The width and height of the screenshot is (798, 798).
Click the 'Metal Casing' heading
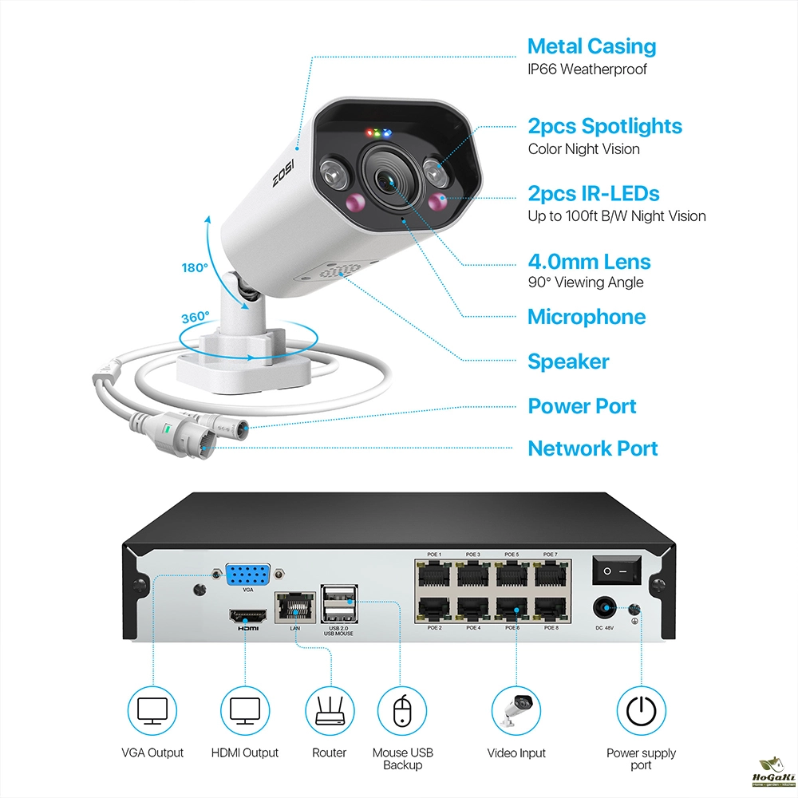pos(591,46)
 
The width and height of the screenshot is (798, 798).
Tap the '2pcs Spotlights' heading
pos(605,126)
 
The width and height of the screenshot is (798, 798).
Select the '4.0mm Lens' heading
pos(589,262)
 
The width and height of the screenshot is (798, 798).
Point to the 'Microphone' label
pos(587,317)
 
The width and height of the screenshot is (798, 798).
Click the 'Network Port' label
pos(593,448)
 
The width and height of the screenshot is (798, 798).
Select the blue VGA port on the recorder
pos(247,576)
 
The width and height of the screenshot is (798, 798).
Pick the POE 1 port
pos(435,574)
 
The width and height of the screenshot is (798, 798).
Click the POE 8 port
pos(550,609)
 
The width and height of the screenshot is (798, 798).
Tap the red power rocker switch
pos(616,571)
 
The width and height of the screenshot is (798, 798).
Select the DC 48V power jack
pos(604,610)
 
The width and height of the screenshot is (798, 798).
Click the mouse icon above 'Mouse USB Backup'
pos(402,709)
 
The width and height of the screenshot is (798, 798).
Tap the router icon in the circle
pos(330,709)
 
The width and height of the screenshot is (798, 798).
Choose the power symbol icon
pos(641,709)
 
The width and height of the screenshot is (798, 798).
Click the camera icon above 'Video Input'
pos(516,709)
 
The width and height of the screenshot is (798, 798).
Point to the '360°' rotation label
pos(196,317)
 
